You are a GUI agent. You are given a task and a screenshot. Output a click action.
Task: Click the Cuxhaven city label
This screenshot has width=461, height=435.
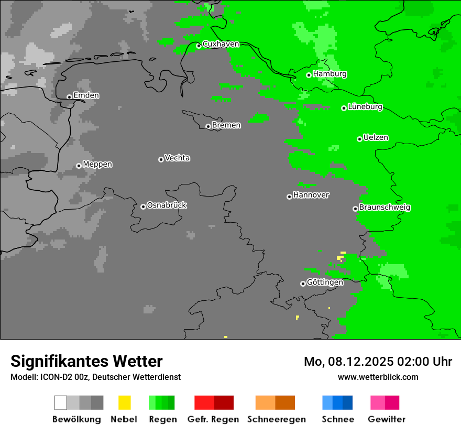point(221,44)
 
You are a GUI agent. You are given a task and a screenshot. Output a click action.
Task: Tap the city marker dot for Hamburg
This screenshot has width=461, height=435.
point(309,75)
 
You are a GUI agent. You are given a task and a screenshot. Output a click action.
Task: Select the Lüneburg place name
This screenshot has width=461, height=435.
point(365,107)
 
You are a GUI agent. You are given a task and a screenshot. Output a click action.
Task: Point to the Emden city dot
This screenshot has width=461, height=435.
point(69,97)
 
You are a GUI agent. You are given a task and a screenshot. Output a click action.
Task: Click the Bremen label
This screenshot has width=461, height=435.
point(226,125)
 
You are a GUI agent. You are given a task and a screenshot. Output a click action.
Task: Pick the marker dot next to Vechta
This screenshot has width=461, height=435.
point(161,159)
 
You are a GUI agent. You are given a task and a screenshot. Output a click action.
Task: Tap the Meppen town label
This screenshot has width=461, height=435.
point(97,165)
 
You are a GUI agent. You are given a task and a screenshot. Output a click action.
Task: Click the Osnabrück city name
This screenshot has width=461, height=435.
point(167,205)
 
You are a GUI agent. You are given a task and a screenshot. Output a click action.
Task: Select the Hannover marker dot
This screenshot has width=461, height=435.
point(289,197)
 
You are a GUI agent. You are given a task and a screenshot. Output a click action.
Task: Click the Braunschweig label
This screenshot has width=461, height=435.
point(385,208)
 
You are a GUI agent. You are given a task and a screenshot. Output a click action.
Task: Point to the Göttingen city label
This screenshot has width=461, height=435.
point(325,282)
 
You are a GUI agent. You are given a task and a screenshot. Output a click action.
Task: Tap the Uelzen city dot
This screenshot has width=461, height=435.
point(359,139)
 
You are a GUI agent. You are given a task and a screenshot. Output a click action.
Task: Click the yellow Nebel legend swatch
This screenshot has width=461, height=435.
point(124,403)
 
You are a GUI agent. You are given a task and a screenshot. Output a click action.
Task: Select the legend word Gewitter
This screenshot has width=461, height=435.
point(386,419)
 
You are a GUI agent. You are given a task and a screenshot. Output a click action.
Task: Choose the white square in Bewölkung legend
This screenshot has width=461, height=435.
point(61,403)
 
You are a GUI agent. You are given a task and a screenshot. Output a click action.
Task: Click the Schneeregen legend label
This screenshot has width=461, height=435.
point(276,419)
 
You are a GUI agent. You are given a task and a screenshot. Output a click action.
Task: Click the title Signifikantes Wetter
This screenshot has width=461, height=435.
point(86,361)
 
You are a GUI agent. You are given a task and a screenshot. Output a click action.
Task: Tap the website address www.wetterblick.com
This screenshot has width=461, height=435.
point(378,377)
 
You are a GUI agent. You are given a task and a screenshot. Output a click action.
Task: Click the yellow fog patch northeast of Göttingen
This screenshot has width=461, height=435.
point(341,256)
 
